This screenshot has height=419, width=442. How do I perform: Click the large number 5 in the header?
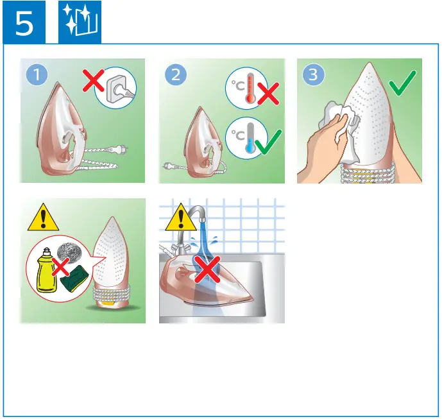[24, 24]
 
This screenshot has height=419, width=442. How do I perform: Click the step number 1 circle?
[37, 75]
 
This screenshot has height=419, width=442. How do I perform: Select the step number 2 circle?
[176, 75]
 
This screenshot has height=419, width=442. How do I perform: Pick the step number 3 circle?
[313, 75]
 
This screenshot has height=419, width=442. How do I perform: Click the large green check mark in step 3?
[402, 82]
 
